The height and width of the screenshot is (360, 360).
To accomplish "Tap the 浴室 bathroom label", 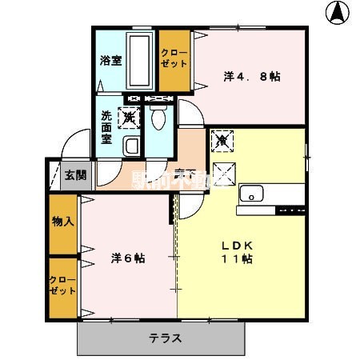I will click(110, 61).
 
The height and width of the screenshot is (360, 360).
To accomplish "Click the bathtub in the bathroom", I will click(140, 61).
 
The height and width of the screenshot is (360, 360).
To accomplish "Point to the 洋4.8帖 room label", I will click(251, 77).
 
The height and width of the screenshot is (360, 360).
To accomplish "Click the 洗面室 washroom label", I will click(106, 126).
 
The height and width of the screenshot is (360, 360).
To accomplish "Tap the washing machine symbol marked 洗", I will click(128, 118).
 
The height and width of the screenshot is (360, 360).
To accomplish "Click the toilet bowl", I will click(157, 118).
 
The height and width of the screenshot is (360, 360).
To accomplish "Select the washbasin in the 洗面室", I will click(131, 146).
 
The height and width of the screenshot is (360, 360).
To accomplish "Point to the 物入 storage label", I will click(62, 220).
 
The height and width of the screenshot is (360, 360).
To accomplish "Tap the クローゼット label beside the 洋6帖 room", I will click(62, 286).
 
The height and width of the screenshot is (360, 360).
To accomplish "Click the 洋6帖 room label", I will click(127, 258).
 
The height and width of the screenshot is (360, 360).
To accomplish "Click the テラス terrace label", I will click(166, 338).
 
